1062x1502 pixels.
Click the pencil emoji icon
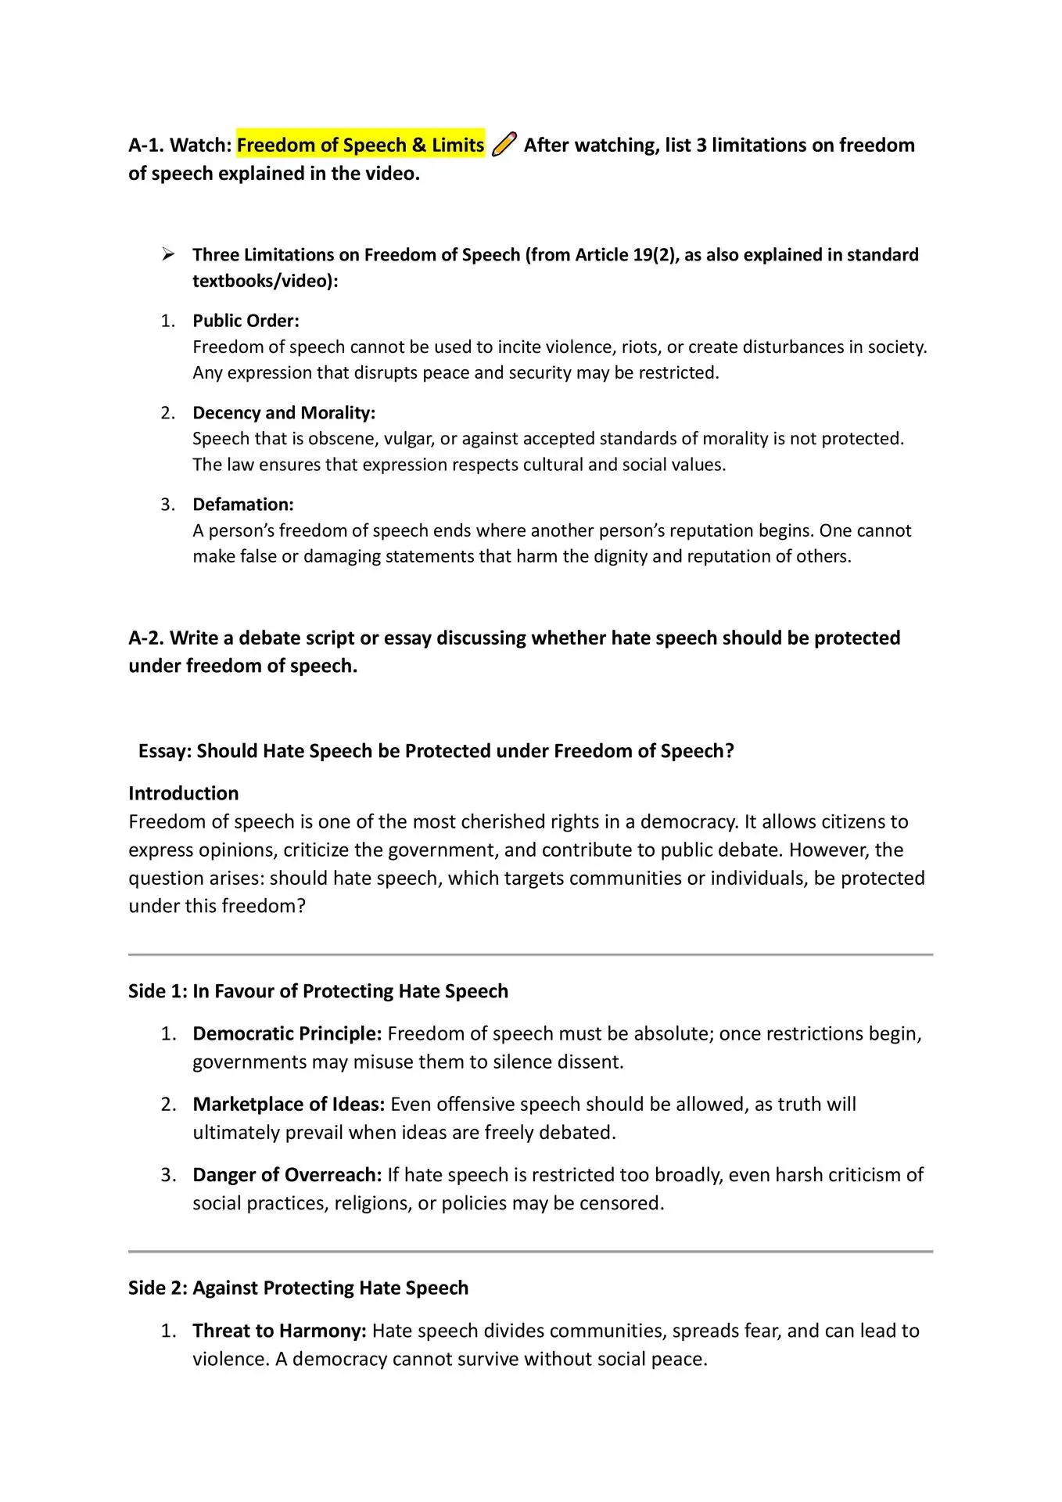point(504,145)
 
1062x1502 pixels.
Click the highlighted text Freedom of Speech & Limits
point(361,145)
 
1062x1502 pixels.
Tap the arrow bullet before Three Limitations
point(167,254)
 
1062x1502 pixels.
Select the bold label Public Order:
point(246,321)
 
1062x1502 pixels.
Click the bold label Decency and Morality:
point(284,412)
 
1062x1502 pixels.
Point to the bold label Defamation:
point(243,505)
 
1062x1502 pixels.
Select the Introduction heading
point(184,793)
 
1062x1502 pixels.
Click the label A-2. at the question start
point(146,638)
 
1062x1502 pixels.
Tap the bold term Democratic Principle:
point(287,1033)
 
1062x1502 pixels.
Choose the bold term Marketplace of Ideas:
point(289,1104)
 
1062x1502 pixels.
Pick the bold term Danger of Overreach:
point(287,1174)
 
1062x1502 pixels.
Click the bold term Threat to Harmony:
point(279,1331)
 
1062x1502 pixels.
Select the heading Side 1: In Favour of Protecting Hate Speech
point(318,991)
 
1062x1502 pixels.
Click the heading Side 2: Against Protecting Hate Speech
point(298,1288)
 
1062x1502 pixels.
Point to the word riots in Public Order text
point(640,347)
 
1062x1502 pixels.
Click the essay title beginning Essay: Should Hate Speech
point(436,751)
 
